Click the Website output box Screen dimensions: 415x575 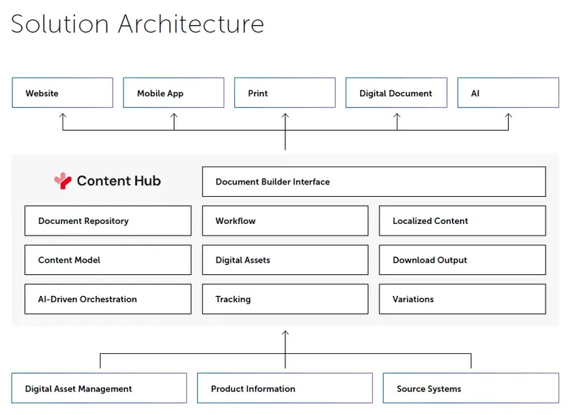63,93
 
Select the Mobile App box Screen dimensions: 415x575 173,93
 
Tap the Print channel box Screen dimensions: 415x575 285,93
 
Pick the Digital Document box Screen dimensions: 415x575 396,93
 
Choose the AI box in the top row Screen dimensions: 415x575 507,93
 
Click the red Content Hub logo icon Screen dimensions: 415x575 63,181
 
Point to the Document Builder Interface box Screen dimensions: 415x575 374,182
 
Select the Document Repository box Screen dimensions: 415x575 108,221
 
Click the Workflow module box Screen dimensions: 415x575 285,221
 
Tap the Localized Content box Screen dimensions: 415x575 462,221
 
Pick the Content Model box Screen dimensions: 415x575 108,260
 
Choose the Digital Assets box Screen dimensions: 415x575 285,260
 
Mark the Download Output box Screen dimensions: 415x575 462,260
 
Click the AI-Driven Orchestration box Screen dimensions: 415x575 108,299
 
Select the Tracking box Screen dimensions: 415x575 285,299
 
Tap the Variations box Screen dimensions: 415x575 462,299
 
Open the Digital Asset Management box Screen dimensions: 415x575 99,388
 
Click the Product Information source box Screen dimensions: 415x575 285,388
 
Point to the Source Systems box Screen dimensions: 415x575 471,388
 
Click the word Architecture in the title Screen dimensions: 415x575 191,24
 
